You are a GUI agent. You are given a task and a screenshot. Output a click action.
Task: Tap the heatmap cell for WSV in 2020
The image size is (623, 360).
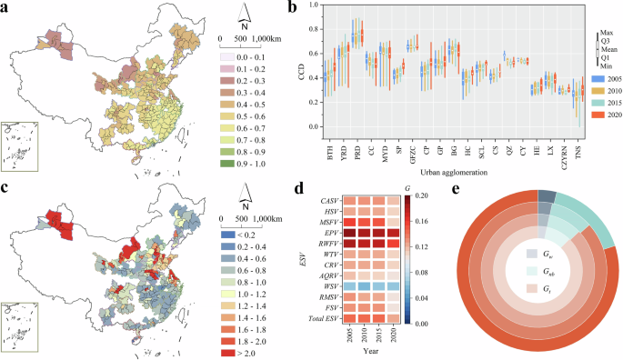click(394, 286)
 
